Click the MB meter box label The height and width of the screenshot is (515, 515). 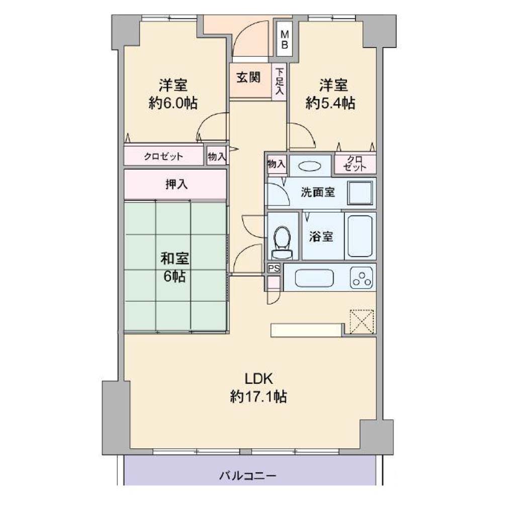click(x=285, y=39)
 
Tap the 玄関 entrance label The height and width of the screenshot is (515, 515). click(x=248, y=78)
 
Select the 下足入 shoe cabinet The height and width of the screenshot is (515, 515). click(x=280, y=81)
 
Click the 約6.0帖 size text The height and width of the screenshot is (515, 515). click(x=173, y=103)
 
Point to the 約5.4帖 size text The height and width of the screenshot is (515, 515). click(x=330, y=103)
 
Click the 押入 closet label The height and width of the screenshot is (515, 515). click(x=177, y=184)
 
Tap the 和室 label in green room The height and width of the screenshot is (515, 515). click(x=175, y=259)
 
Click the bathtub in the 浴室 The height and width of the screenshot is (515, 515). click(x=360, y=236)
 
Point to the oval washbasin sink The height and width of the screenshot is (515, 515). click(x=310, y=166)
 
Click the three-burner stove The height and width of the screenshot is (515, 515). click(x=362, y=278)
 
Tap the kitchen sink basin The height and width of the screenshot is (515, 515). click(x=314, y=278)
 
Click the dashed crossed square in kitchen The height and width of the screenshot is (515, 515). click(x=362, y=321)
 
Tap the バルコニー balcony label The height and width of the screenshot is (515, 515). click(x=248, y=475)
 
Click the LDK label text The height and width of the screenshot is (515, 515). click(x=259, y=379)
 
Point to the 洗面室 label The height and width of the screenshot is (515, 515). click(x=318, y=192)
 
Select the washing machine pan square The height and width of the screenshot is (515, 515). click(x=360, y=193)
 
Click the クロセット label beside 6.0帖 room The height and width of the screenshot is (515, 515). click(x=163, y=156)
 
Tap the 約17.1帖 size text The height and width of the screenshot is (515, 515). click(x=259, y=397)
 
